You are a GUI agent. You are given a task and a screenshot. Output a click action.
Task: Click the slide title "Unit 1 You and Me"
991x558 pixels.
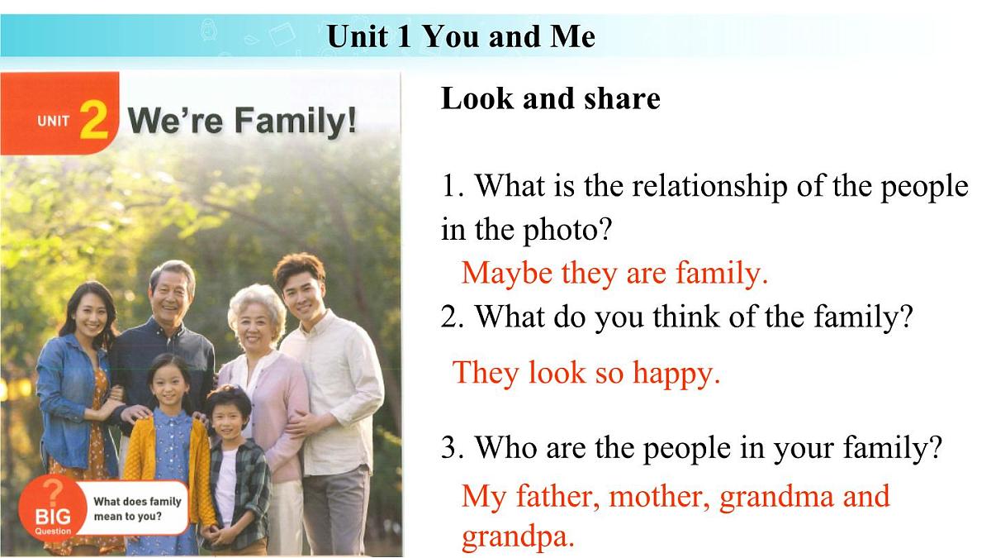[461, 36]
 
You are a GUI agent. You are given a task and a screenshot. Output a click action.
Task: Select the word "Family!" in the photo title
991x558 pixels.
[296, 122]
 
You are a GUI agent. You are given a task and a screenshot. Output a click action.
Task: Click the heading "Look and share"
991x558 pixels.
[551, 98]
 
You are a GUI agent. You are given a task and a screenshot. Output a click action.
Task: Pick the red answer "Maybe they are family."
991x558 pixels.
[614, 272]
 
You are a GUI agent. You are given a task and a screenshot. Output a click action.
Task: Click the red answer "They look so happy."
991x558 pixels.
[587, 373]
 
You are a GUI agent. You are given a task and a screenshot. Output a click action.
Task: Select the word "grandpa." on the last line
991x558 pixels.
[517, 537]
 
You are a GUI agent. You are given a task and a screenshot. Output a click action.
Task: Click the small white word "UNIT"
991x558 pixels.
[54, 122]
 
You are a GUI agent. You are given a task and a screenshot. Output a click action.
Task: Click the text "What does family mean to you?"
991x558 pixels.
[137, 508]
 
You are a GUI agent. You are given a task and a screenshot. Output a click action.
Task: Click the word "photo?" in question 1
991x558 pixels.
[569, 229]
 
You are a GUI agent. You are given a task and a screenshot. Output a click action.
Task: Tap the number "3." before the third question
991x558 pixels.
[453, 449]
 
